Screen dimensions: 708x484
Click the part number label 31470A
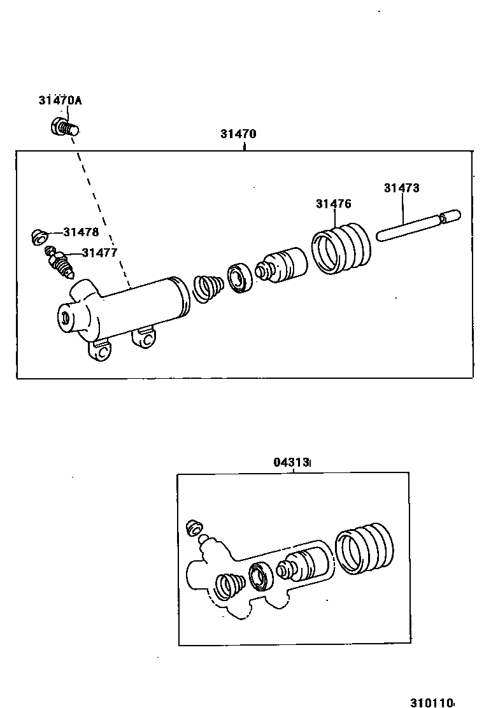(60, 100)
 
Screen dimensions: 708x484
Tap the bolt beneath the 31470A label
(64, 127)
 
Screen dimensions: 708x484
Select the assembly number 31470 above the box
(238, 134)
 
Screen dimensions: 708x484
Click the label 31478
(81, 232)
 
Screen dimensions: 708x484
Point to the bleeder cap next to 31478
(39, 237)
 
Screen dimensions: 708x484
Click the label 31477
(99, 253)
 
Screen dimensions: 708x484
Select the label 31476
(333, 204)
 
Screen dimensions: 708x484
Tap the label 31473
(401, 188)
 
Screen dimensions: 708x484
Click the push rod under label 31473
(416, 227)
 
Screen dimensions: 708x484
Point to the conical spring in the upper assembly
(208, 288)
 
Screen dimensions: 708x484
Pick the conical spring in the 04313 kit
(229, 586)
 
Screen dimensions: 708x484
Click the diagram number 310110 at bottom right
(431, 703)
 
